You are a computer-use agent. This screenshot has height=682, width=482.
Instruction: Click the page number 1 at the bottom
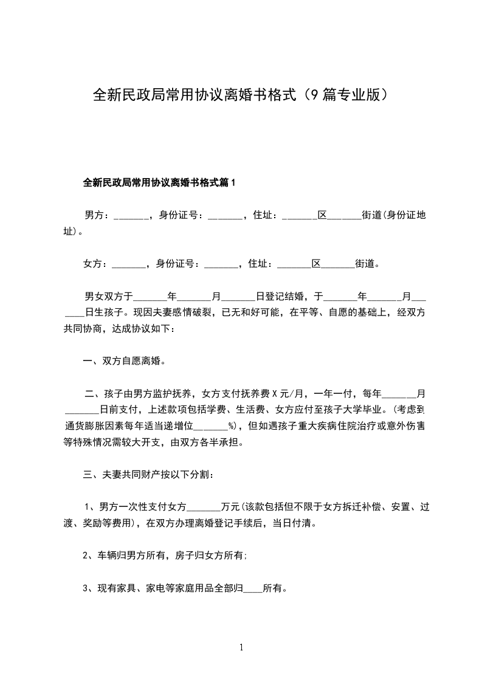tap(241, 648)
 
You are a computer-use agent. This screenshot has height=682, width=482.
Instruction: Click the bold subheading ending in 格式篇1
tap(159, 182)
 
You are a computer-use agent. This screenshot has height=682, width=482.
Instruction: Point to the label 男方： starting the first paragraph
tap(97, 215)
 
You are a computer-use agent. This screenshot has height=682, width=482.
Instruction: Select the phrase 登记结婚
tap(284, 297)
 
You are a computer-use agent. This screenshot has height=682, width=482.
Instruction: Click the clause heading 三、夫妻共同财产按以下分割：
tap(148, 474)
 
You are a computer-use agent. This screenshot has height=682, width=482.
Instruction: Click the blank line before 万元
tap(204, 508)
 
